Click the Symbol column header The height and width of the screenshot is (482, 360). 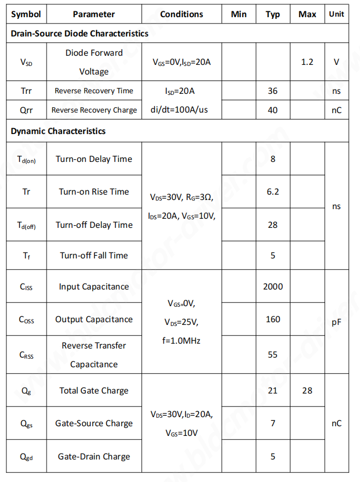(26, 14)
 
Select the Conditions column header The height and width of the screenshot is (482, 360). (182, 14)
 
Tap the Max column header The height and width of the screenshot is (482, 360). (307, 14)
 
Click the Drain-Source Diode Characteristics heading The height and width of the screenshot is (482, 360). (80, 33)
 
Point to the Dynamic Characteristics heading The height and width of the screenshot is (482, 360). (58, 131)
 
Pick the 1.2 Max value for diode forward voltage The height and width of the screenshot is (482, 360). (307, 62)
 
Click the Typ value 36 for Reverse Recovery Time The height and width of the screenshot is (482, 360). (273, 91)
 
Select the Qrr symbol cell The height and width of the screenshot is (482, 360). (26, 110)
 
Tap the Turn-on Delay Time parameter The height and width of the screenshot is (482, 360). (94, 159)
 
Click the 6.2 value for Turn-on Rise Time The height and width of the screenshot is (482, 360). (273, 191)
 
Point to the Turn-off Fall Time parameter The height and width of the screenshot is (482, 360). (94, 255)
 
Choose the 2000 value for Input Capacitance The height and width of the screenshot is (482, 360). (273, 286)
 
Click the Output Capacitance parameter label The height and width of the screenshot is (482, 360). (94, 319)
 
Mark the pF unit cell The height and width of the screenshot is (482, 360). (336, 322)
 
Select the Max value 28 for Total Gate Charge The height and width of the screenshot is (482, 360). (307, 390)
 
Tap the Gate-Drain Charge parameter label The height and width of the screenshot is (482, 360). (94, 456)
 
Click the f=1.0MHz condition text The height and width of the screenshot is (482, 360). (181, 340)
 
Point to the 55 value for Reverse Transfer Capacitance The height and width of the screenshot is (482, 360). (273, 355)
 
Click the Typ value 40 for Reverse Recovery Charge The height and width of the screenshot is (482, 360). (273, 110)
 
